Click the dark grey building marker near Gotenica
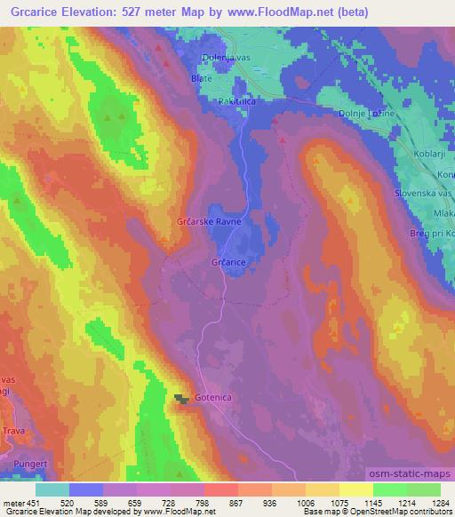point(182,401)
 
